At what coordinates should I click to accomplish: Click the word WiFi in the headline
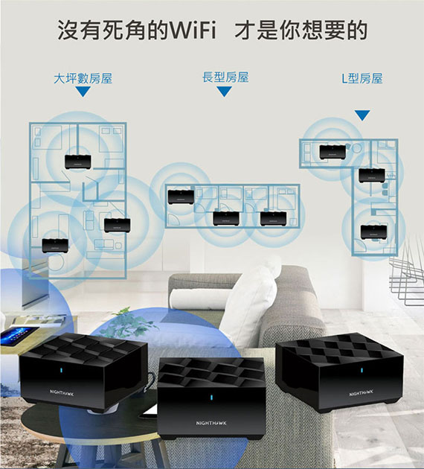pos(193,31)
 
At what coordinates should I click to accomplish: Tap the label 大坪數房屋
pos(83,78)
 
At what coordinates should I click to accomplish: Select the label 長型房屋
pos(225,77)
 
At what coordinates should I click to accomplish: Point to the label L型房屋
pos(362,79)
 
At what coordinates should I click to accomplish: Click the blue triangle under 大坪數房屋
pos(83,92)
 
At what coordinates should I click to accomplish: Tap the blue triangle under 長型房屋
pos(225,92)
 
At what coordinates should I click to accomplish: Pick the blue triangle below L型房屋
pos(362,115)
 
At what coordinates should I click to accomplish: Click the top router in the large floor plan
pos(77,162)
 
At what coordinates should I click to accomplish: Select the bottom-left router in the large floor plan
pos(55,246)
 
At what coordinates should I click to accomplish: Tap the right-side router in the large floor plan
pos(117,226)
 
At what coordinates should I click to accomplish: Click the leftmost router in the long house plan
pos(181,197)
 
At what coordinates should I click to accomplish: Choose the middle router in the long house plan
pos(226,219)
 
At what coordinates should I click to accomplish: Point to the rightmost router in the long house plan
pos(274,219)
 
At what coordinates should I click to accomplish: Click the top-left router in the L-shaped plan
pos(333,152)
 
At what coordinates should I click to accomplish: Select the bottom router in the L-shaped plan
pos(374,232)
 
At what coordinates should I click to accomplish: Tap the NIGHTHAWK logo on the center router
pos(211,423)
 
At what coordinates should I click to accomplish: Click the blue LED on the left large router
pos(62,371)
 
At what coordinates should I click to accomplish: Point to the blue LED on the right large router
pos(362,371)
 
